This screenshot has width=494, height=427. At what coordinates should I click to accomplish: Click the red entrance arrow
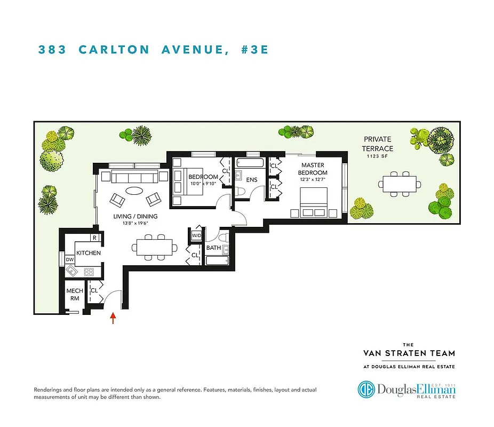[x=113, y=318]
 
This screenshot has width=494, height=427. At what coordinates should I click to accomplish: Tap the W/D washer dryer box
[x=196, y=235]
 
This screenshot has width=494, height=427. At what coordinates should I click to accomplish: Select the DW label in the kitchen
[x=69, y=260]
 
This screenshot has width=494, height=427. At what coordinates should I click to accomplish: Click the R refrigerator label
[x=94, y=238]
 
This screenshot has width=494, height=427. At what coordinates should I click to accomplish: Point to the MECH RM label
[x=74, y=295]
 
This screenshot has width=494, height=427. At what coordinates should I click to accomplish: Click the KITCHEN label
[x=89, y=253]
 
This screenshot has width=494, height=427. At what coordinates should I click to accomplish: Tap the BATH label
[x=214, y=248]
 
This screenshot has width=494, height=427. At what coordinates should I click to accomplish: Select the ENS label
[x=251, y=180]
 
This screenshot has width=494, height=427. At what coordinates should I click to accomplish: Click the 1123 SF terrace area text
[x=377, y=157]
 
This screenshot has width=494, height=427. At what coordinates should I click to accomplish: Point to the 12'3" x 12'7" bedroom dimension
[x=312, y=180]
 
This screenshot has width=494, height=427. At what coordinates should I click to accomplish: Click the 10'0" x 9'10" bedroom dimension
[x=203, y=184]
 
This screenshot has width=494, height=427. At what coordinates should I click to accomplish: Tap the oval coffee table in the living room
[x=134, y=191]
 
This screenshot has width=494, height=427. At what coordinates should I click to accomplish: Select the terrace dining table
[x=400, y=184]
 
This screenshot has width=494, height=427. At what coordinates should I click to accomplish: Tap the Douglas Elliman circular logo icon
[x=368, y=389]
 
